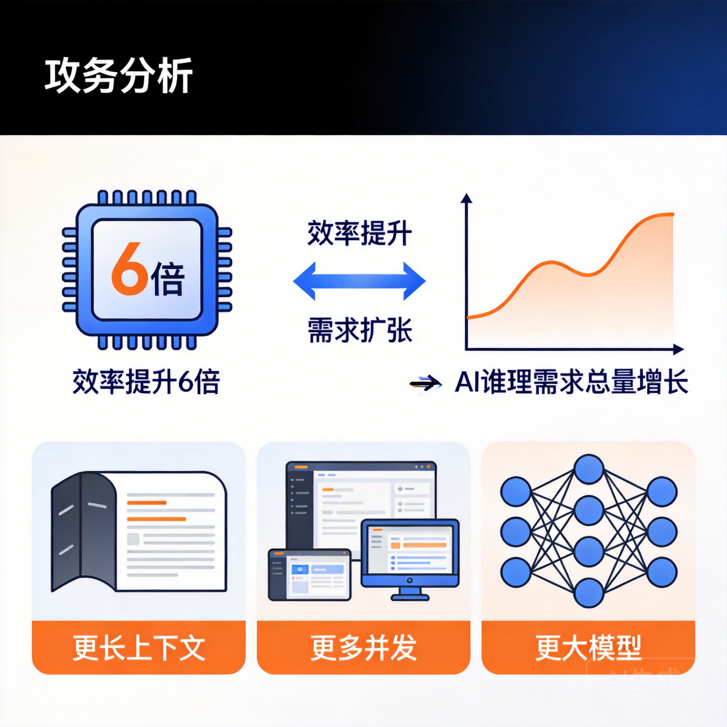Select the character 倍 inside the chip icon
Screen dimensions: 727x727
coord(168,278)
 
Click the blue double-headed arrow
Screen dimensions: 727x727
coord(359,281)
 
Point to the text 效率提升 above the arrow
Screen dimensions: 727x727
coord(359,234)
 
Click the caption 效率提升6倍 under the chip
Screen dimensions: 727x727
coord(146,382)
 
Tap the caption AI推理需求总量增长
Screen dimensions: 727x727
coord(571,382)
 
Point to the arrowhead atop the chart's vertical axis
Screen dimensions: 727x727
coord(466,198)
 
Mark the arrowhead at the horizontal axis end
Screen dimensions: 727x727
coord(678,350)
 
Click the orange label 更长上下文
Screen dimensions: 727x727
coord(138,647)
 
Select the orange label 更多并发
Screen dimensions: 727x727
coord(363,647)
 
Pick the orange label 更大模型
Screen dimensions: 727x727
coord(588,647)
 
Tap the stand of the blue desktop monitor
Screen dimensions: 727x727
coord(410,594)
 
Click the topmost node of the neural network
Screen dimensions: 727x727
coord(589,469)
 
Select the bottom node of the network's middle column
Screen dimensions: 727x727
coord(589,594)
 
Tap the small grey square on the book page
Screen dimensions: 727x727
coord(133,539)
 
